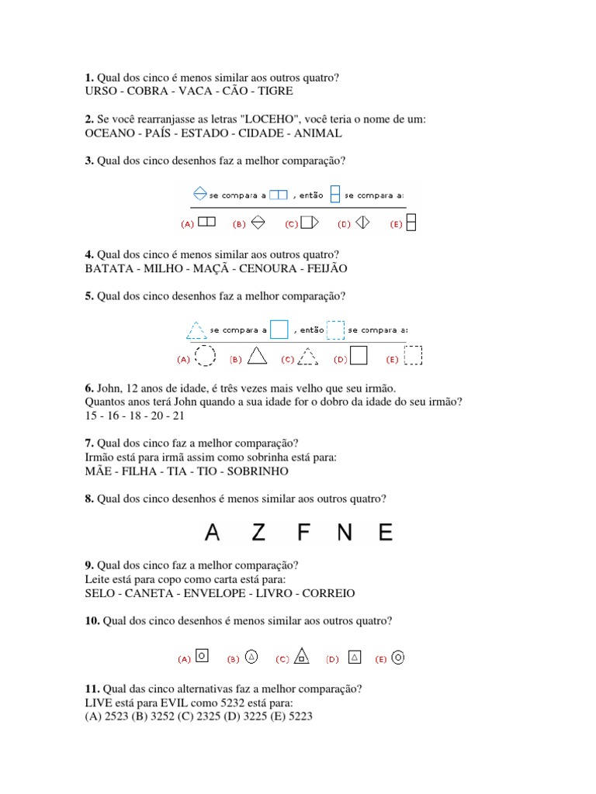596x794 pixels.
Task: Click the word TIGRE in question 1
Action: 275,91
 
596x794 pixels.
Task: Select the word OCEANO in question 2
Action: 108,133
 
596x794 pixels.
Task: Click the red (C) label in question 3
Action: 291,224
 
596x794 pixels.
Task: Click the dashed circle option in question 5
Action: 205,356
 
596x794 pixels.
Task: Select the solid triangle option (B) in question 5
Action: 257,356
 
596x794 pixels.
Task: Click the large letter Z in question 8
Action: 258,532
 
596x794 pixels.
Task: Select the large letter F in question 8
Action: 302,532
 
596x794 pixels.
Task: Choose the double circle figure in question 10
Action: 398,658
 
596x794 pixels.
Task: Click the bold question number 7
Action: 88,443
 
